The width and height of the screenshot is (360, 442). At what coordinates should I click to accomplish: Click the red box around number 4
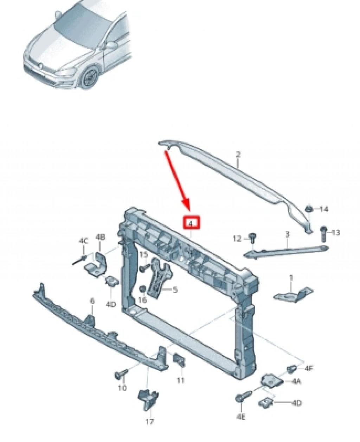[192, 222]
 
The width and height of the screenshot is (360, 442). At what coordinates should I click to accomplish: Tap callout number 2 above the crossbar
[238, 155]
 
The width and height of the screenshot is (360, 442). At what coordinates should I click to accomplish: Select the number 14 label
[324, 209]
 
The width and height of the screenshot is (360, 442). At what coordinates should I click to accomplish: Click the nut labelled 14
[309, 209]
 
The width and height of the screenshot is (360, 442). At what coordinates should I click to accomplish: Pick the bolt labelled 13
[324, 234]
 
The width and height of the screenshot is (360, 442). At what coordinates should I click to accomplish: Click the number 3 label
[287, 234]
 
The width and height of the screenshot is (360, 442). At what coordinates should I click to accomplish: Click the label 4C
[83, 241]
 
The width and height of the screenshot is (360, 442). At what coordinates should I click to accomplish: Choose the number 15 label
[144, 255]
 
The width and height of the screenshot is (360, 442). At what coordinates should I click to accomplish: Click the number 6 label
[92, 301]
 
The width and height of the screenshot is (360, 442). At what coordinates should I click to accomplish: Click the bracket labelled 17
[148, 399]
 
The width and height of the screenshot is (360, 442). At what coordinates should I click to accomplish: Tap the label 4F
[308, 368]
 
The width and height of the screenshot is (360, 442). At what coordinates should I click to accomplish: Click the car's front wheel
[90, 77]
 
